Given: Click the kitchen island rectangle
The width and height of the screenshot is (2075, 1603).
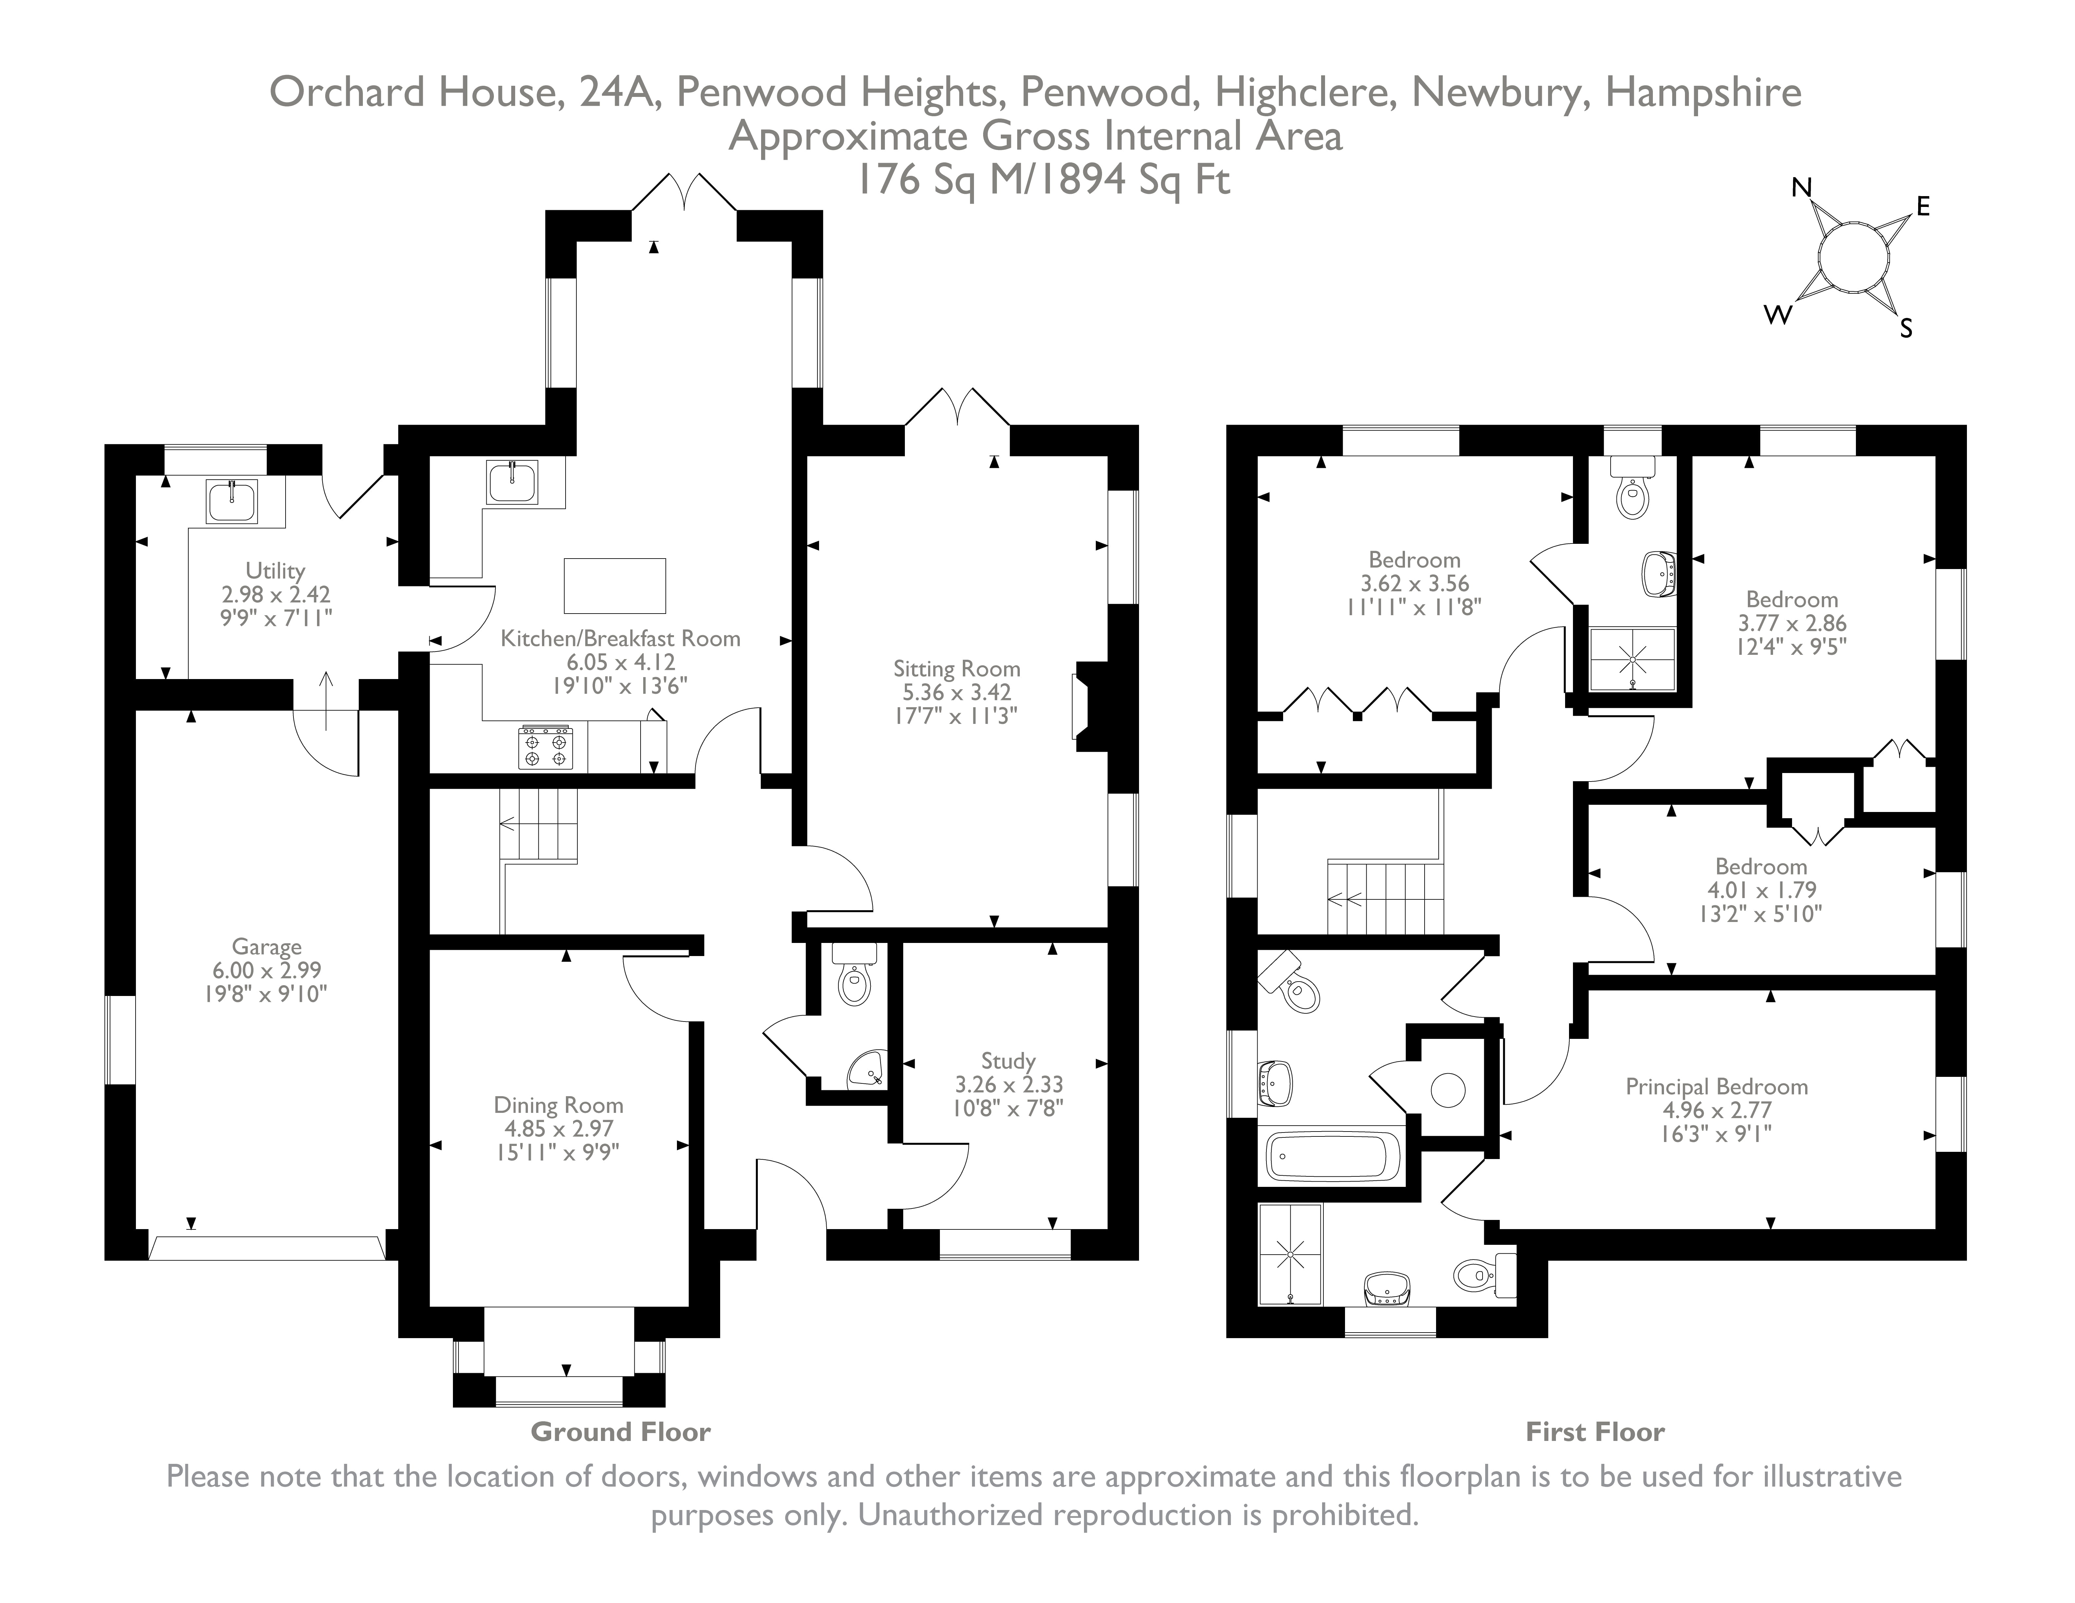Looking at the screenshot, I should (x=615, y=586).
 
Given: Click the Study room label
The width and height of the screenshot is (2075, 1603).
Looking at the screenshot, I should (x=1008, y=1061).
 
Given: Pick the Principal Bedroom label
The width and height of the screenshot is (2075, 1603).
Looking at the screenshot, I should (x=1716, y=1086).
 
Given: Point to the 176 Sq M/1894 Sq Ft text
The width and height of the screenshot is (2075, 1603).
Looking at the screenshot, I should (x=1043, y=179).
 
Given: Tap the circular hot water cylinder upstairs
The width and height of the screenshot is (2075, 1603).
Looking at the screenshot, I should (x=1448, y=1089).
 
